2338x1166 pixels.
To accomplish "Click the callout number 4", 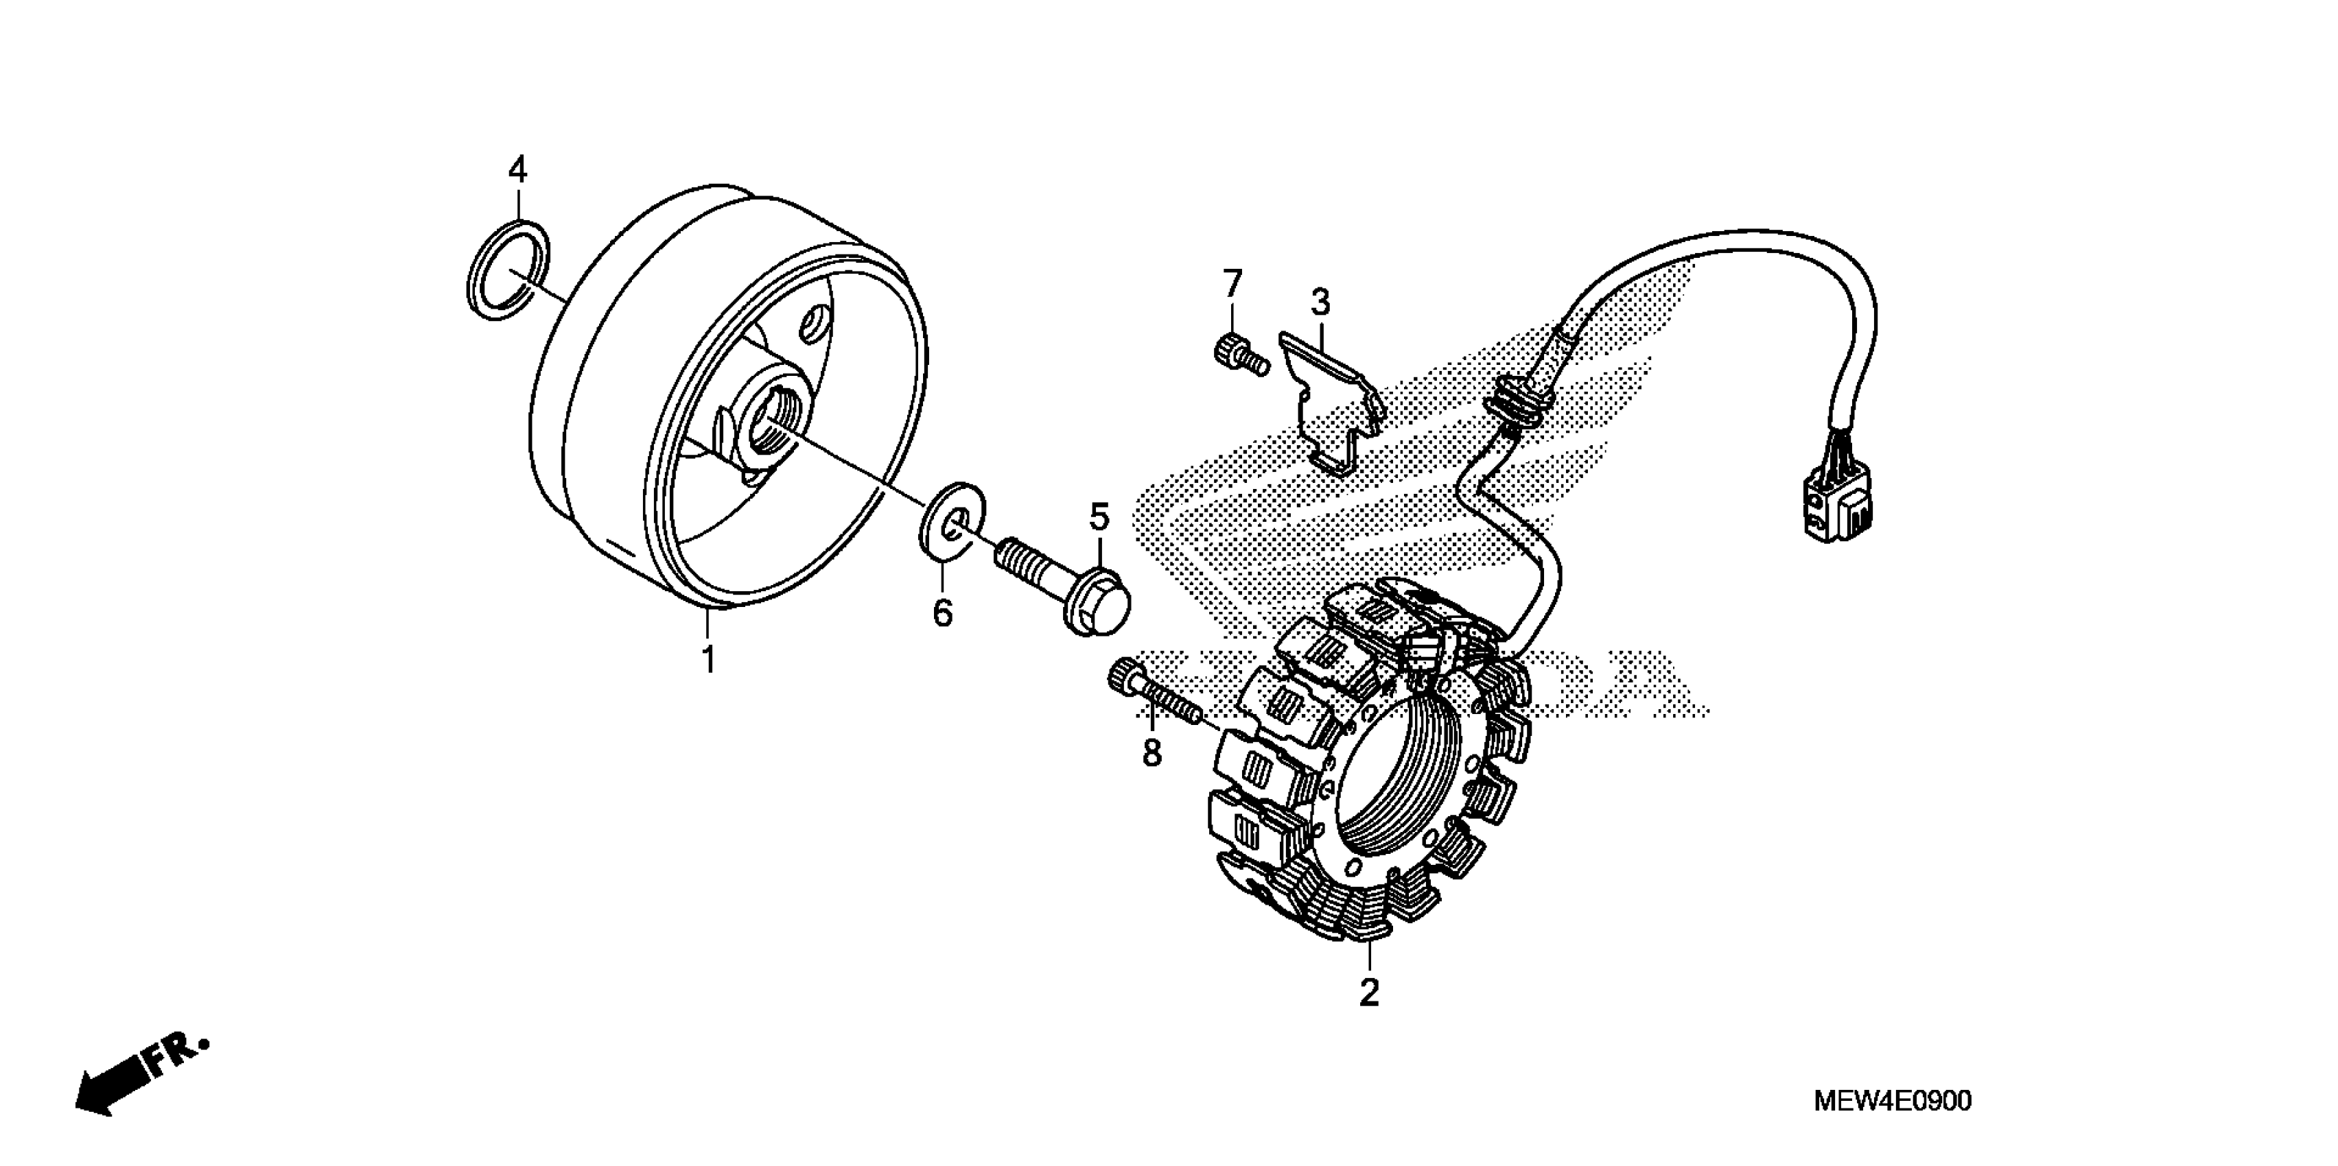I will click(x=517, y=169).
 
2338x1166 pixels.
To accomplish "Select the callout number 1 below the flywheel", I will click(x=708, y=660).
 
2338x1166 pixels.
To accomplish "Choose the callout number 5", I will click(x=1099, y=517).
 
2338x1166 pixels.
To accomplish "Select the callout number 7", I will click(x=1232, y=285).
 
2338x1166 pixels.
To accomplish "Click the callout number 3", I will click(x=1320, y=302).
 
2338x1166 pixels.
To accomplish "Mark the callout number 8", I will click(x=1152, y=752).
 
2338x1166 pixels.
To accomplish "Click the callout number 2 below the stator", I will click(x=1368, y=992).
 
